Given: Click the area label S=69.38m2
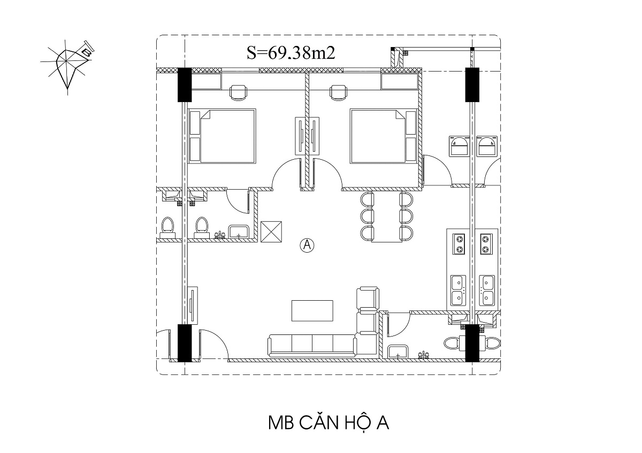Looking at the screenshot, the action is [x=291, y=53].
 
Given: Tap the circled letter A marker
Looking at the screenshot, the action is [x=307, y=245].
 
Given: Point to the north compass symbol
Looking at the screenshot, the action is [x=67, y=66].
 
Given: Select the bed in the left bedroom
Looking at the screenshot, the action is [x=222, y=136].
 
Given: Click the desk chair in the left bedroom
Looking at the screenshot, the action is [x=239, y=93].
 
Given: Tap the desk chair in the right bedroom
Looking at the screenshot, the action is [x=339, y=93].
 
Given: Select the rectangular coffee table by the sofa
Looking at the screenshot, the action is [x=312, y=310].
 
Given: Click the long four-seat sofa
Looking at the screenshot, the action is [x=312, y=346].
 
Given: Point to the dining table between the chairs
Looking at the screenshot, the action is [x=387, y=217].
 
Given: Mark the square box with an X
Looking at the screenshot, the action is [x=271, y=232].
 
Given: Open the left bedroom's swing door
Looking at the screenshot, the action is [x=286, y=174].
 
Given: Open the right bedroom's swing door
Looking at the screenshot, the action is [x=327, y=174].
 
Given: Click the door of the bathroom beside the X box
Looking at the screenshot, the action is [x=238, y=201].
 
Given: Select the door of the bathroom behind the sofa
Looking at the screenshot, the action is [x=398, y=324].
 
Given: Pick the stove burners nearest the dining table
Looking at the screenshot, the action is [x=459, y=244].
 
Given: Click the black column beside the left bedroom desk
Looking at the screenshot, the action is [x=185, y=85].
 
